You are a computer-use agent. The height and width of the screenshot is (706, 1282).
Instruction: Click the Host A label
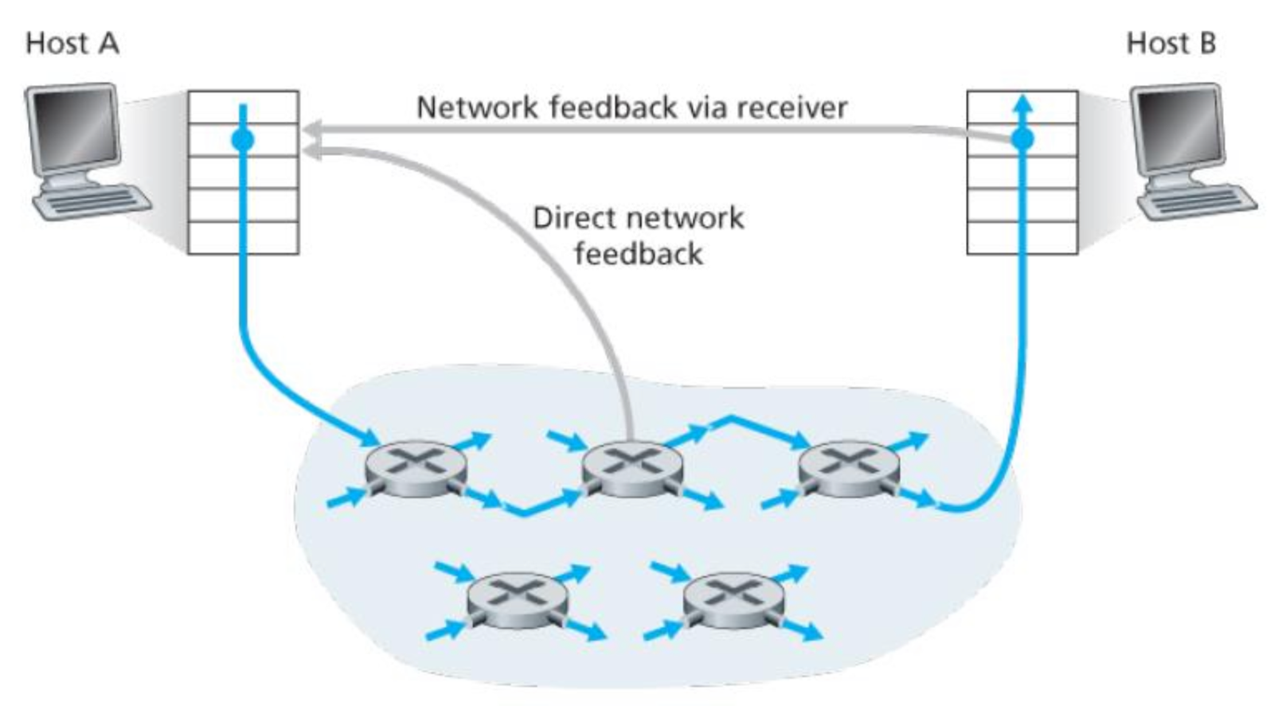point(72,43)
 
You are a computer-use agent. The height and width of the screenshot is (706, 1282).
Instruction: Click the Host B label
point(1171,43)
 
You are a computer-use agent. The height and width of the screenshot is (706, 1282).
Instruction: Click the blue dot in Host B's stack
point(1022,140)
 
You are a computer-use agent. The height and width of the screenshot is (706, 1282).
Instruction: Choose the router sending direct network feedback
point(632,470)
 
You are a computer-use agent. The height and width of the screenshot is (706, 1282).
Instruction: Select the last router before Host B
point(849,470)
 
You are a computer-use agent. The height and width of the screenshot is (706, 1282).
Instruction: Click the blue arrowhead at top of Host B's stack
point(1022,103)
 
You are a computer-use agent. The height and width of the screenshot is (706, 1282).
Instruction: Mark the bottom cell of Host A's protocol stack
point(243,238)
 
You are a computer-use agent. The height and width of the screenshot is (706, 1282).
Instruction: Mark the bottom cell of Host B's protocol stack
point(1022,238)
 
